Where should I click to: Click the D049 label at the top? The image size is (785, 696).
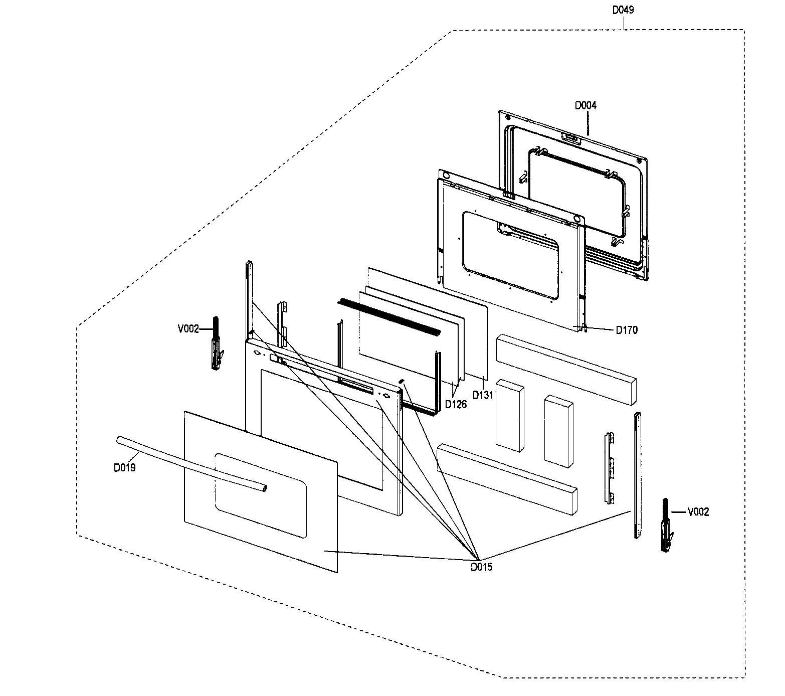click(x=623, y=10)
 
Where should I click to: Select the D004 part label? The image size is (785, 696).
click(x=585, y=105)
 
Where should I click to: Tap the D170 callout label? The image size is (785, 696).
click(x=627, y=330)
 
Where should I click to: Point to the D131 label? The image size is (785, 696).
click(x=483, y=395)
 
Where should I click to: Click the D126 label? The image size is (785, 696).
click(x=456, y=404)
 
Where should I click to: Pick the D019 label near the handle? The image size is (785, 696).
click(x=124, y=468)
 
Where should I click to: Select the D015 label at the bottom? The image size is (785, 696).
click(x=481, y=567)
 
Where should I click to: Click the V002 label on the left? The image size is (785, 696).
click(x=188, y=329)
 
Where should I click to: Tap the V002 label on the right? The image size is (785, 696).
click(x=698, y=512)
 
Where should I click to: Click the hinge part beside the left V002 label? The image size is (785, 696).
click(x=217, y=346)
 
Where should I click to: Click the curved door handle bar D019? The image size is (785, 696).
click(x=190, y=463)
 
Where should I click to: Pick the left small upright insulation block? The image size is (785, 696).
click(x=509, y=416)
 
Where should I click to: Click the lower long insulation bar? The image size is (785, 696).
click(x=506, y=476)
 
